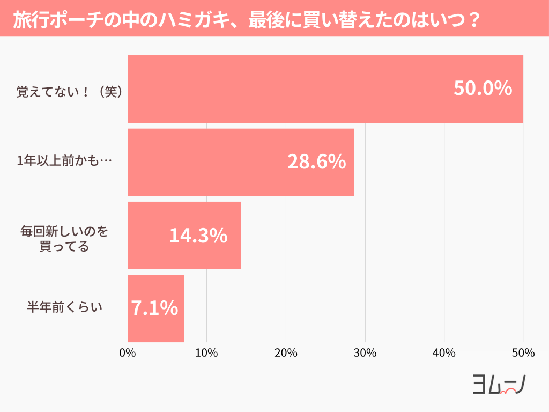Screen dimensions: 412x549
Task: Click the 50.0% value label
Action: [483, 89]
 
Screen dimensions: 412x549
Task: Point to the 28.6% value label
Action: [316, 162]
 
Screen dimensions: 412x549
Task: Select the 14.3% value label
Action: [198, 236]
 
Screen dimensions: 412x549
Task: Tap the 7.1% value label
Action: [154, 308]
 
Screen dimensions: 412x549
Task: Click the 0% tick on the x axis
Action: [128, 353]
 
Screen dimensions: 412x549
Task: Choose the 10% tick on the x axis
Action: [206, 353]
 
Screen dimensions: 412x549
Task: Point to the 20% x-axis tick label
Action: [286, 353]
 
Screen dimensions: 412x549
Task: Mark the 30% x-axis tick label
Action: [365, 353]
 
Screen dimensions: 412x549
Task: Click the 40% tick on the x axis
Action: [444, 353]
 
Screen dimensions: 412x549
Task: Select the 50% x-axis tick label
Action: [523, 353]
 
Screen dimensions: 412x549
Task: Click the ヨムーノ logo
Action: [498, 384]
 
